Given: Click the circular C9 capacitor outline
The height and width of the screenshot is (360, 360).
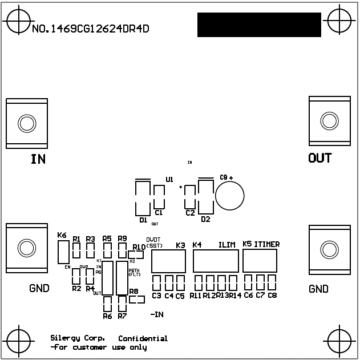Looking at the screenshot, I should click(230, 195).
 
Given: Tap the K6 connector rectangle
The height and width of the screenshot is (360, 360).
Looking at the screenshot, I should click(64, 252).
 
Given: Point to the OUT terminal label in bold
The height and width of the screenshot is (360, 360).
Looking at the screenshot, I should click(319, 158).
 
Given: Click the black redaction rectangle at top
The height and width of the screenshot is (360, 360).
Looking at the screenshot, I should click(259, 25).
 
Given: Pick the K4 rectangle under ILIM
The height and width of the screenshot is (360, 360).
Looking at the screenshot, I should click(216, 261).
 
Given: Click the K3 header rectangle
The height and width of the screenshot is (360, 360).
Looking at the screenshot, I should click(168, 262).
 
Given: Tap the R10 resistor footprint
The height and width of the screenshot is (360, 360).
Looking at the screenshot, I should click(137, 255).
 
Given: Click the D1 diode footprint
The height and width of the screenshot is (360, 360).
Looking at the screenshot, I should click(142, 197).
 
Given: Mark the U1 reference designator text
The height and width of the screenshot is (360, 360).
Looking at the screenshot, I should click(169, 179).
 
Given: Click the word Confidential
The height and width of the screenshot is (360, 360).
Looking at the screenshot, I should click(143, 338).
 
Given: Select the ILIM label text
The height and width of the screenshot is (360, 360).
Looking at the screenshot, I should click(227, 244).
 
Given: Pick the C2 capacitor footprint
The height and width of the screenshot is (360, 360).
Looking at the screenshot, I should click(189, 197).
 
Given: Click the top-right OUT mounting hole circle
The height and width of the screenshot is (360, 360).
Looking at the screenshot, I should click(329, 121).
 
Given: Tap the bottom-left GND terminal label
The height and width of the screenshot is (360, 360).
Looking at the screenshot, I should click(39, 289).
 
